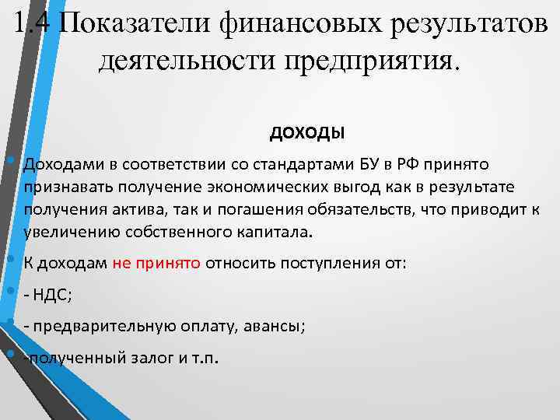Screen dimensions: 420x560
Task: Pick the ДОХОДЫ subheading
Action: pos(307,133)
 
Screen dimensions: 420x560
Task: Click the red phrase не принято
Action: pos(157,263)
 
